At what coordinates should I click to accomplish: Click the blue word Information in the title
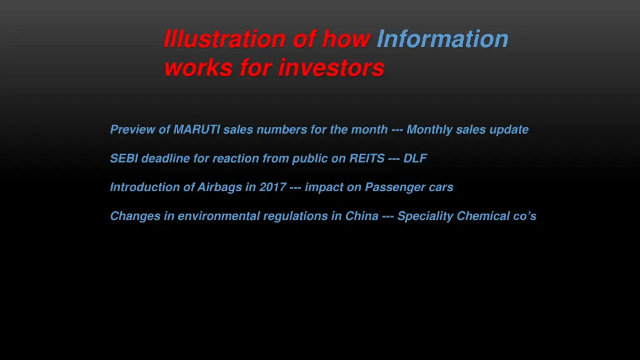point(442,39)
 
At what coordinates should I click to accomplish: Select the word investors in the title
point(331,67)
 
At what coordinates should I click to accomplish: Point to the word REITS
point(367,159)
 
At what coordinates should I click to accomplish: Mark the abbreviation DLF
point(415,159)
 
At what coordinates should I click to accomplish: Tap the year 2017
point(274,187)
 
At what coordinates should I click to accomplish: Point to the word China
point(362,216)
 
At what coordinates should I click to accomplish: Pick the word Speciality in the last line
point(426,216)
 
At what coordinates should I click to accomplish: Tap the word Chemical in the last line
point(482,216)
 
